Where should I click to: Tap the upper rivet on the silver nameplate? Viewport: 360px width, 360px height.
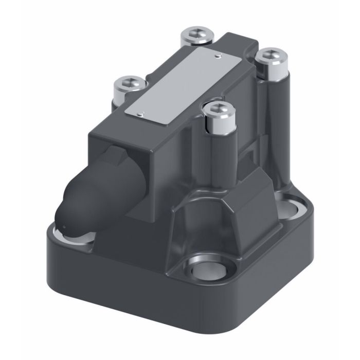pyautogui.click(x=218, y=54)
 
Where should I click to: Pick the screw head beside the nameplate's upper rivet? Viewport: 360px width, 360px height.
pyautogui.click(x=197, y=35)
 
